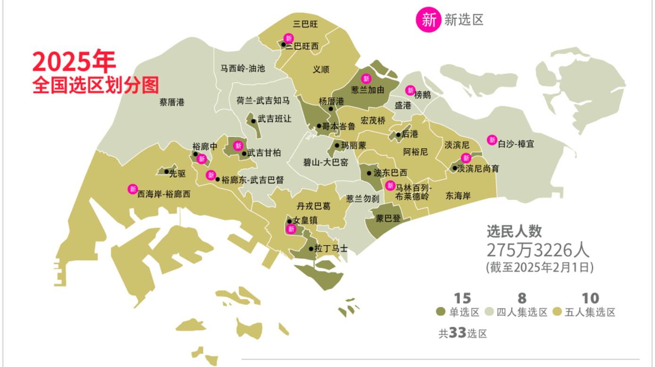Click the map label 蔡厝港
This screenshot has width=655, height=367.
click(172, 102)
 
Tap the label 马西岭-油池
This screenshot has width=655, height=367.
click(243, 68)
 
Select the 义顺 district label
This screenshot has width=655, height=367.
click(321, 69)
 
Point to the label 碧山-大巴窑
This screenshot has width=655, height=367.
click(326, 163)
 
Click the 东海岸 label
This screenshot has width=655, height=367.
click(458, 195)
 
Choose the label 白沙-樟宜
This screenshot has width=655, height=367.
click(516, 144)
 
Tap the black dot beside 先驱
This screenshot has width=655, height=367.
click(166, 172)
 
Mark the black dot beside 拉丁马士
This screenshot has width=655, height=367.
click(311, 249)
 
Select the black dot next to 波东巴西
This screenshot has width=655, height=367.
click(369, 173)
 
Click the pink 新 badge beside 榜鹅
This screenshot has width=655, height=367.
click(410, 90)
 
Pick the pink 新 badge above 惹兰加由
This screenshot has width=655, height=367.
click(366, 79)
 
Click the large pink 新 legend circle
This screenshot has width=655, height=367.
click(428, 20)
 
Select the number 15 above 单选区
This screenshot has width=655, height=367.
click(462, 298)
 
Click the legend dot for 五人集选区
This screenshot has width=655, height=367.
click(557, 312)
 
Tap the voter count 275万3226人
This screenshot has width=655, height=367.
click(538, 250)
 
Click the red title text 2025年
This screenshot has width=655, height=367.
click(74, 62)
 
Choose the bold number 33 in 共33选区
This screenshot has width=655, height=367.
click(457, 333)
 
